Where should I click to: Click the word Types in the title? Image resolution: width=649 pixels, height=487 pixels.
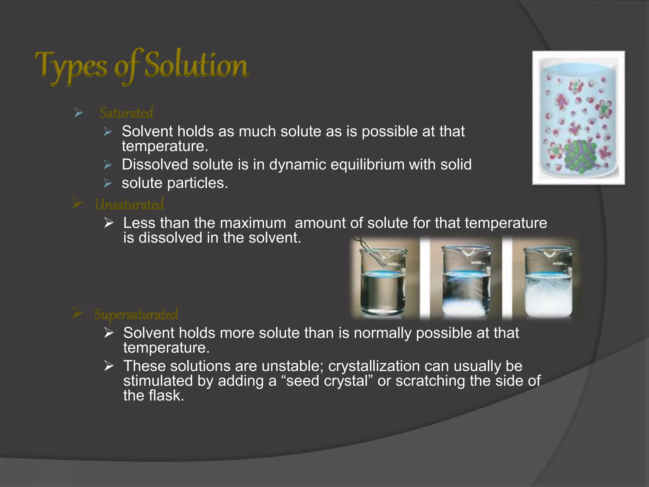point(71,66)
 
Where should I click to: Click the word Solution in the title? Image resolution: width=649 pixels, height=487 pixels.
point(196,65)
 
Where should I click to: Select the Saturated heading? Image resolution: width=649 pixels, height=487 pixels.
point(126,113)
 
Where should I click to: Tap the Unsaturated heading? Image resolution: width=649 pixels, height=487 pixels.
point(129,204)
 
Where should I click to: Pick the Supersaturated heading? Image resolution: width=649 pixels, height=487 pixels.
point(136,314)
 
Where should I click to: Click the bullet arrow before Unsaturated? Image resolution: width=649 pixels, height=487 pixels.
point(77,203)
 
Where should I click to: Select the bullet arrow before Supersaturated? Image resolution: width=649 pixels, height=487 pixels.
point(77,313)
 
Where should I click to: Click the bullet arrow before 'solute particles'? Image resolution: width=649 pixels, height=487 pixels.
point(108,183)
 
